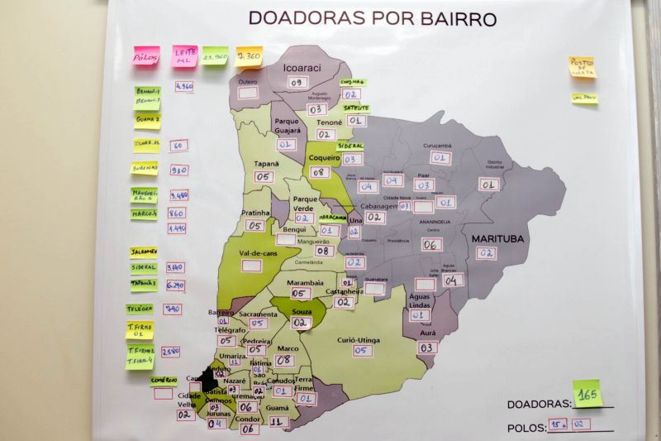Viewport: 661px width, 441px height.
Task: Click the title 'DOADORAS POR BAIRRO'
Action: pyautogui.click(x=372, y=17)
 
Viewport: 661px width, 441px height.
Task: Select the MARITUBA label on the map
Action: pyautogui.click(x=498, y=238)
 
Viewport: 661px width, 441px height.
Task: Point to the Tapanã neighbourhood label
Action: pyautogui.click(x=266, y=164)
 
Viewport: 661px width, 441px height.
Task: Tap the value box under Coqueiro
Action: pyautogui.click(x=321, y=172)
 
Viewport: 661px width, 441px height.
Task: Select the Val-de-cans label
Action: pyautogui.click(x=254, y=252)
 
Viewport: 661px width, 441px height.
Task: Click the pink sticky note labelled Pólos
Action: pyautogui.click(x=146, y=57)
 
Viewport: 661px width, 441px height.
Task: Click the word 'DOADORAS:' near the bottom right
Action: pyautogui.click(x=539, y=404)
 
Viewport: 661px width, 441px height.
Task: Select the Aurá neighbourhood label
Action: pyautogui.click(x=427, y=333)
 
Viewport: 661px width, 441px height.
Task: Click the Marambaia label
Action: pyautogui.click(x=304, y=282)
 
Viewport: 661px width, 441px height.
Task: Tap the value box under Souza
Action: pyautogui.click(x=302, y=323)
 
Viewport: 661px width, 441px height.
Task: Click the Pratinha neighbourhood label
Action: pyautogui.click(x=255, y=213)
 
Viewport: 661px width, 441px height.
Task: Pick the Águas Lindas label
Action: pyautogui.click(x=421, y=300)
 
